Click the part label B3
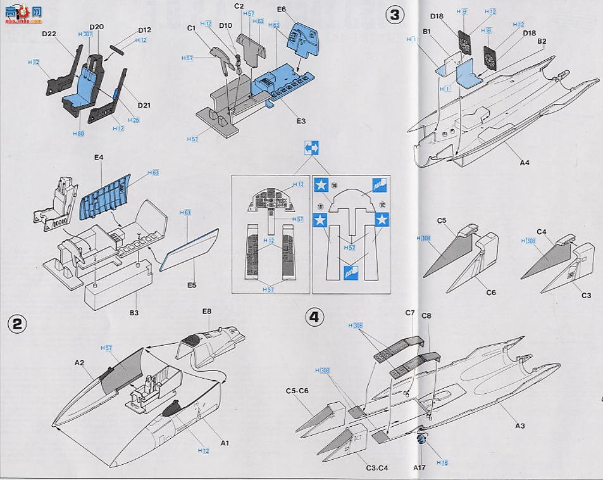click(x=134, y=312)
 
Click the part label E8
click(x=206, y=312)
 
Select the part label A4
click(x=524, y=162)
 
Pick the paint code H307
click(x=84, y=35)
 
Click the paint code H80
click(x=78, y=134)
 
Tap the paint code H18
click(x=442, y=463)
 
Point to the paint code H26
click(x=134, y=120)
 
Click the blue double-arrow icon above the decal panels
click(x=311, y=148)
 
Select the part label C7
click(x=409, y=313)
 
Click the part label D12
click(x=144, y=30)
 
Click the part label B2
click(x=542, y=41)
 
